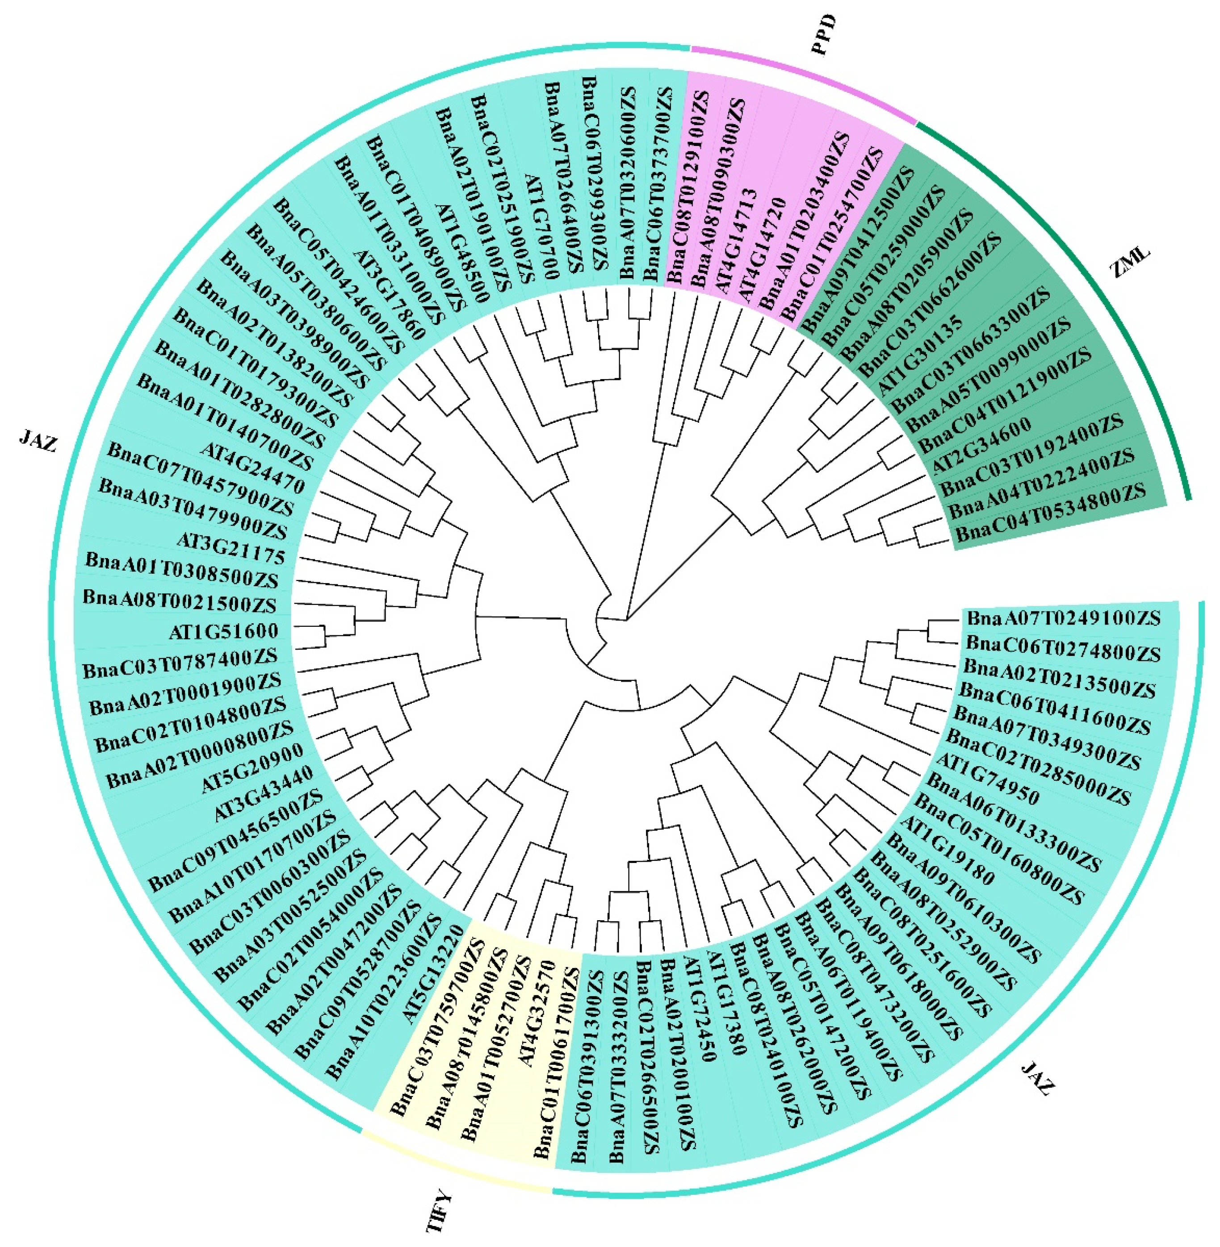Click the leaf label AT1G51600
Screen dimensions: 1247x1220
tap(224, 631)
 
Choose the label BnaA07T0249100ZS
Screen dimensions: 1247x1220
tap(1064, 618)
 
